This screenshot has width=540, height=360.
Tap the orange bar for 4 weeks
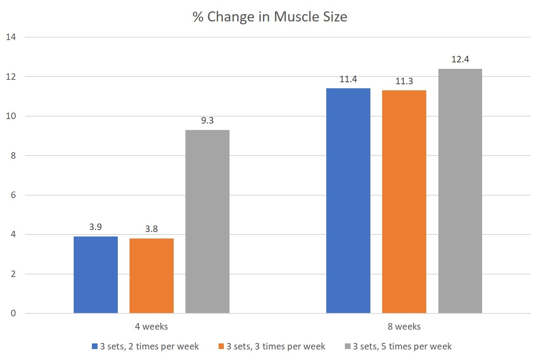pos(151,276)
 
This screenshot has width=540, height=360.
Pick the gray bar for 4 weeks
pos(207,222)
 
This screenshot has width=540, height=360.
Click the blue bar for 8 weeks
pos(348,200)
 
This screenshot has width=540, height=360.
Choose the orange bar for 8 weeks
pos(404,202)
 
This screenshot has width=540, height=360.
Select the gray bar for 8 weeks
pos(460,191)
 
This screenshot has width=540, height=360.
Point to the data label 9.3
pos(207,121)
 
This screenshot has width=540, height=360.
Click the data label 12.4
pos(460,60)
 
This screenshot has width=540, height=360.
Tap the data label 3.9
pos(96,227)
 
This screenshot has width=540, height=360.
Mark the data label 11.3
pos(404,81)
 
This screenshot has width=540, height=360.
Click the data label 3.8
pos(151,229)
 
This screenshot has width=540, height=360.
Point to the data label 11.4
pos(348,79)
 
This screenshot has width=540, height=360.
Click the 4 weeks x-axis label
pos(151,326)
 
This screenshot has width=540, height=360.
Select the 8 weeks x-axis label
pos(404,326)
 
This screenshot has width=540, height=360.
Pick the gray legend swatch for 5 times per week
pos(347,346)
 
